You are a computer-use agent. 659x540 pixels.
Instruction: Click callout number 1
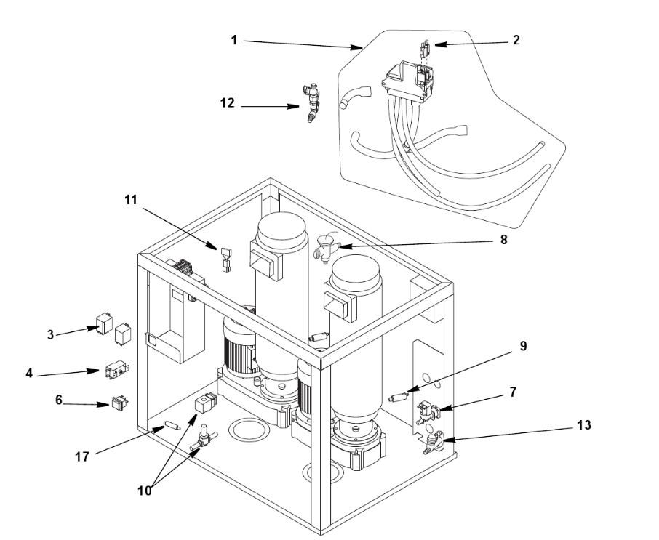coord(234,40)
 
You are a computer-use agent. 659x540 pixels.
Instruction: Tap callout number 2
coord(516,40)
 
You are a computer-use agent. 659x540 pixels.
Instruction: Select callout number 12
coord(228,103)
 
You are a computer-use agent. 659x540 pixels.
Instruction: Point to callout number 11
coord(131,200)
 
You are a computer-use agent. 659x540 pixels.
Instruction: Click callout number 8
coord(503,239)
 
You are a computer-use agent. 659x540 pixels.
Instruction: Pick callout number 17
coord(82,456)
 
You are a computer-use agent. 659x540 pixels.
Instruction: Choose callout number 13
coord(584,425)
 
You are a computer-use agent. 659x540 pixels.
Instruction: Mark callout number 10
coord(145,491)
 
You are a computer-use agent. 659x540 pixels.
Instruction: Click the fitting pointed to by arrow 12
coord(311,103)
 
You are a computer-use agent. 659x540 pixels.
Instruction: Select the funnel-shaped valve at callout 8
coord(324,248)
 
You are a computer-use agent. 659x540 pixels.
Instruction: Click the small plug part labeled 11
coord(225,260)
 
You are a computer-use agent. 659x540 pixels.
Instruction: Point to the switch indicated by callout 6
coord(119,403)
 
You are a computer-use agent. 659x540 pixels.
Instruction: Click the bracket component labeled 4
coord(116,371)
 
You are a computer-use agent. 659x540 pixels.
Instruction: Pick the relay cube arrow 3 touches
coord(104,323)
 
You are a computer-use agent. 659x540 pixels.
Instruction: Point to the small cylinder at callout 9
coord(399,396)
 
